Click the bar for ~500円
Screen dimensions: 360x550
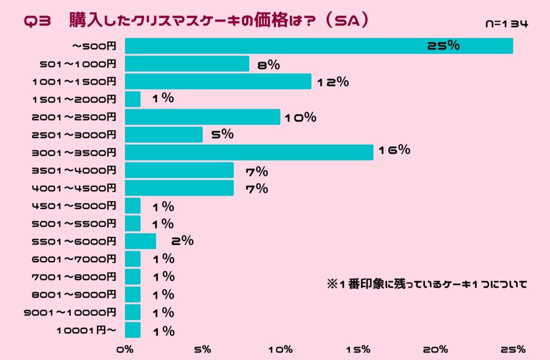point(319,46)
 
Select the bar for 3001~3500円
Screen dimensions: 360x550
point(249,152)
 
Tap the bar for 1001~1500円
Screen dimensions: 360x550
point(218,82)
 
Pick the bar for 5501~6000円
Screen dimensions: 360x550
point(140,241)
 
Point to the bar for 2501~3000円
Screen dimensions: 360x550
point(164,134)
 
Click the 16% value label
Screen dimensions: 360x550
point(394,150)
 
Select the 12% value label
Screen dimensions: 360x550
point(333,82)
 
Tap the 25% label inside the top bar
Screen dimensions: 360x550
point(443,46)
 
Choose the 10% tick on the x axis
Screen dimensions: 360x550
point(280,349)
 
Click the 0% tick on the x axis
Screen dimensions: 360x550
point(125,349)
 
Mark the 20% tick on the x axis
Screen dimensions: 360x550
point(436,349)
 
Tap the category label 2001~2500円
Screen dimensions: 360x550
point(74,117)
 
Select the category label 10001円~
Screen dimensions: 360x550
point(86,330)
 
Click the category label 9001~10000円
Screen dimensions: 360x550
point(70,312)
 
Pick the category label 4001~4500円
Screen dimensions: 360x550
point(74,188)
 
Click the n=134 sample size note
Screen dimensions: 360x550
point(506,24)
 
